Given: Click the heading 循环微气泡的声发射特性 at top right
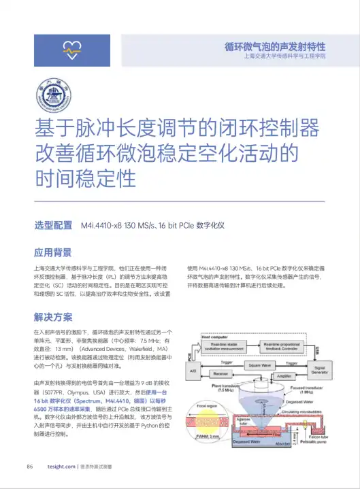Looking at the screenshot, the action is pos(274,47).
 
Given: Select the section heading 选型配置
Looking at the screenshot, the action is pos(53,225).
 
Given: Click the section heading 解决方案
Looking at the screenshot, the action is pos(53,316).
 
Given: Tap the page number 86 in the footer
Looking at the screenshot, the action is pos(30,467).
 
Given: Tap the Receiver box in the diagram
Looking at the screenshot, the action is pos(220,373).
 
